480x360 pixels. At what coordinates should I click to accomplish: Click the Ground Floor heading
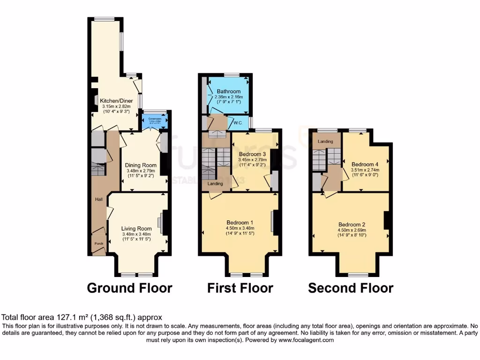click(x=129, y=287)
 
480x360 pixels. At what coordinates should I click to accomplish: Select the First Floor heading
click(x=240, y=287)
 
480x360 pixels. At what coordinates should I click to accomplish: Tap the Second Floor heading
click(x=351, y=287)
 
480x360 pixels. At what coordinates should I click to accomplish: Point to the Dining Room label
click(x=141, y=165)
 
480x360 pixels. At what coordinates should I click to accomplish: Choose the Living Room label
click(x=136, y=229)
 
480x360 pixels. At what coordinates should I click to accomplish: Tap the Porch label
click(x=99, y=244)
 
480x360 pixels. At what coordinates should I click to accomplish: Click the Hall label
click(x=99, y=199)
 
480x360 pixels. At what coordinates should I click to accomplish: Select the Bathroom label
click(x=229, y=91)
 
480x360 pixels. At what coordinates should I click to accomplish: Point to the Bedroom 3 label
click(x=253, y=154)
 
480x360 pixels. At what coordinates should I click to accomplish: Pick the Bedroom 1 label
click(x=240, y=223)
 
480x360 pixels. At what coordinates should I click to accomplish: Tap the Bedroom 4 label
click(x=365, y=164)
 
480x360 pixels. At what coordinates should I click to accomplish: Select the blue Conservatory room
click(x=155, y=121)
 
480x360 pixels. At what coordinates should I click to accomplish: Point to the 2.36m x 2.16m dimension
click(x=229, y=97)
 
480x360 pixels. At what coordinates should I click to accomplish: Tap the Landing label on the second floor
click(x=325, y=142)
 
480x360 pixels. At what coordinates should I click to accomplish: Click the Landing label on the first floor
click(x=216, y=184)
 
